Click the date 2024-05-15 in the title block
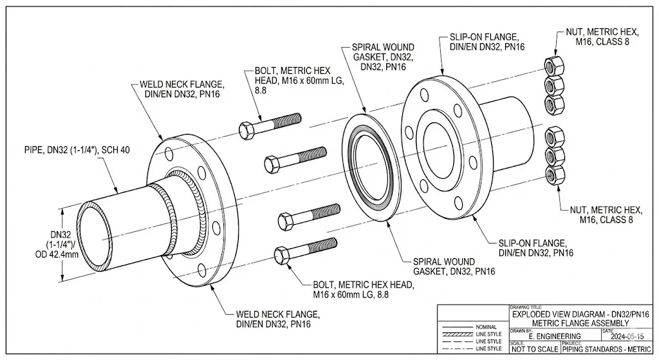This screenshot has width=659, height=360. coord(625,336)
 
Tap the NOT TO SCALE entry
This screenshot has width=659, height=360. coord(534,350)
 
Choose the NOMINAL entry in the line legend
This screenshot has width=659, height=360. coord(486,327)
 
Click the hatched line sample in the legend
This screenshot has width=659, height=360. coord(458,334)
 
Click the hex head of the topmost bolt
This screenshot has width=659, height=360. coord(247,130)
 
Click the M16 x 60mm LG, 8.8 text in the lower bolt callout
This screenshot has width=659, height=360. coord(353,294)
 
